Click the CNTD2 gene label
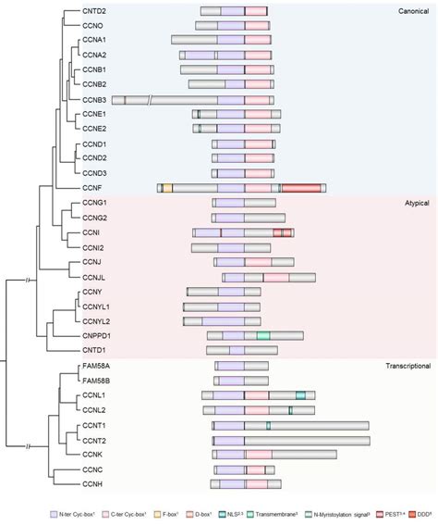click(93, 11)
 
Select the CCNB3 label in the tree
click(94, 99)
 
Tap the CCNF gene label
click(91, 188)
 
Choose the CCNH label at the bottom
click(91, 484)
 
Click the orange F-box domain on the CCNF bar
click(167, 188)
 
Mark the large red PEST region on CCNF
click(301, 188)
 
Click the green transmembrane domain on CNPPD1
click(263, 335)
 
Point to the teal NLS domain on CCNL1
click(300, 395)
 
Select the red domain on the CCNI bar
click(284, 232)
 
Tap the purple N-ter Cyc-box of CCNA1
click(231, 41)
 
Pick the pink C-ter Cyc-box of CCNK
click(259, 455)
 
